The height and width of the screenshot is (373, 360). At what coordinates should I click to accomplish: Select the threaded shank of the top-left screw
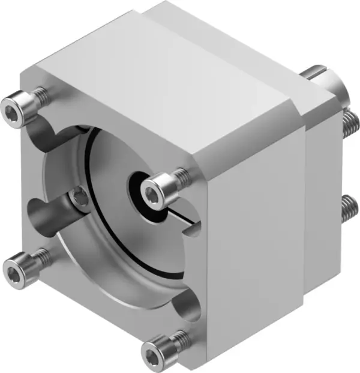coord(40,94)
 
